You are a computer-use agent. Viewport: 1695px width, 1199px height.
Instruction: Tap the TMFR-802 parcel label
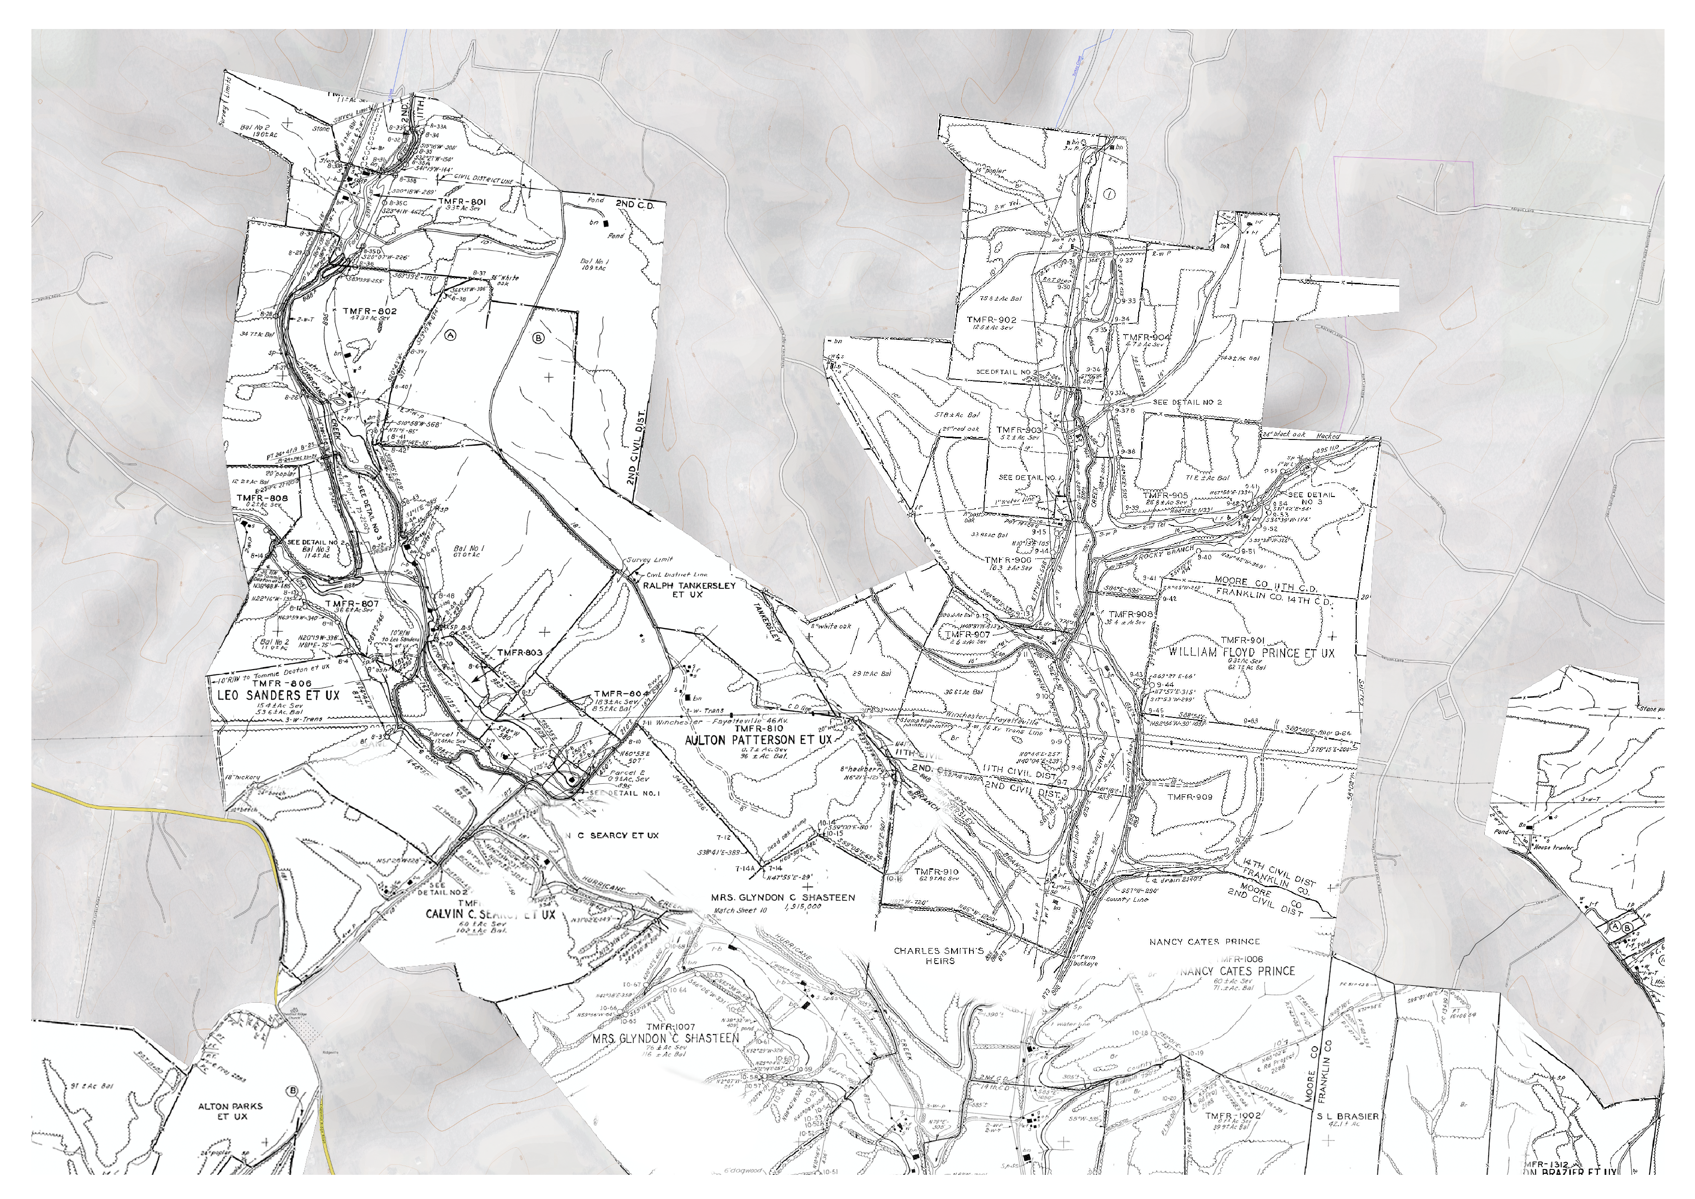[x=370, y=311]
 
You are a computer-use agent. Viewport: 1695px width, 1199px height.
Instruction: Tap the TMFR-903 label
[x=1019, y=429]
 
